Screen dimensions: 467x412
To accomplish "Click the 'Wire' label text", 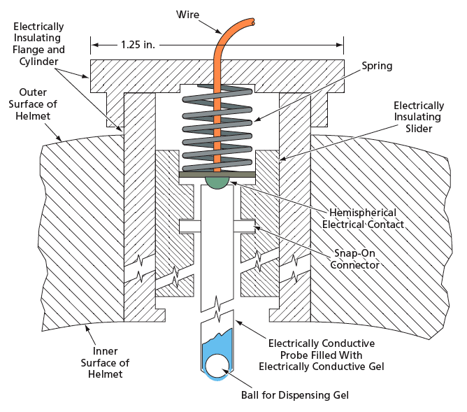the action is [x=187, y=14].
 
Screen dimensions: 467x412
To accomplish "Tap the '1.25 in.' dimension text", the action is [x=138, y=45].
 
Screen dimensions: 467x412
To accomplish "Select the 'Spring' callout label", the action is [x=377, y=66].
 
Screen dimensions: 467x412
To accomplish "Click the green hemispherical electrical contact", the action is [x=217, y=183].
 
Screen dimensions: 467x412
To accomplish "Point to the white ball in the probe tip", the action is [x=217, y=366].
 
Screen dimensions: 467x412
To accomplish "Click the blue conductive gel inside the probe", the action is [x=217, y=346].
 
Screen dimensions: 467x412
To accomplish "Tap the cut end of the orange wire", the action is [x=252, y=22].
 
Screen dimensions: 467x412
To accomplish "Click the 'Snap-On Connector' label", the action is [x=354, y=259].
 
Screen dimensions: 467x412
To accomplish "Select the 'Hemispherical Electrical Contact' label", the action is [x=363, y=218].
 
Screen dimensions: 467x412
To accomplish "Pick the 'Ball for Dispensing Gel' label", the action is [x=295, y=395].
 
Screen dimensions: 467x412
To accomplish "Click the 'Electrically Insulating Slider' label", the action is [x=419, y=117].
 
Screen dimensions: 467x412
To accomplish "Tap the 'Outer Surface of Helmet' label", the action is [x=33, y=104].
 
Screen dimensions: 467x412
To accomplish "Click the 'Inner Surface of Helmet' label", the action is [x=105, y=362].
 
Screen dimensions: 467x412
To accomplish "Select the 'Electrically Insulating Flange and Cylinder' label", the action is [x=38, y=44].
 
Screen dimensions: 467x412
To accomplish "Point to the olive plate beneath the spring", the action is [x=217, y=174].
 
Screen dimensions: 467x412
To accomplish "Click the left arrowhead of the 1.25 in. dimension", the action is [x=94, y=45].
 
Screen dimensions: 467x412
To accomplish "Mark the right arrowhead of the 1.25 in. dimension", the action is [x=340, y=45].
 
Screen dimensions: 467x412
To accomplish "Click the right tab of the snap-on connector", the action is [x=244, y=227].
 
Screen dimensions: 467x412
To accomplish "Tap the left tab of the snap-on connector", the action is [x=190, y=227].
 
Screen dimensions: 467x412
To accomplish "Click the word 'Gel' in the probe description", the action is [x=375, y=366].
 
